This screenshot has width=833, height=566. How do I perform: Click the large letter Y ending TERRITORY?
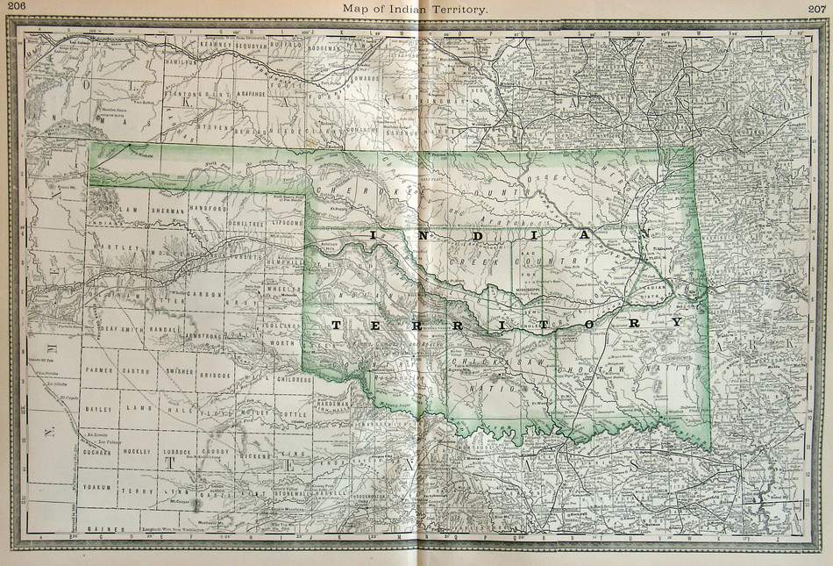click(x=674, y=323)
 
